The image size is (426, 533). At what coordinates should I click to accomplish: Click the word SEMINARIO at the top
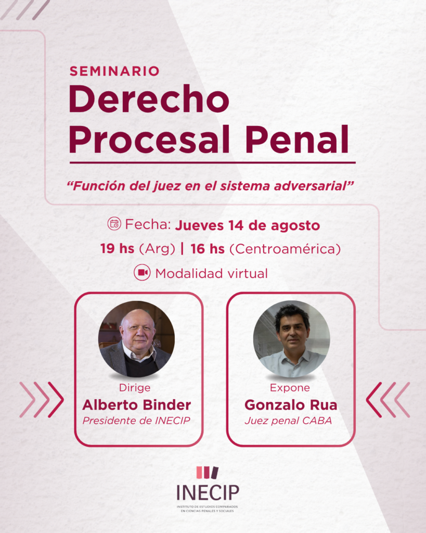click(x=114, y=71)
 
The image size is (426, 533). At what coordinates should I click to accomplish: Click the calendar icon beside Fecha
click(x=114, y=224)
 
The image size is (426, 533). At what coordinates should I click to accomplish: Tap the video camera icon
click(x=142, y=273)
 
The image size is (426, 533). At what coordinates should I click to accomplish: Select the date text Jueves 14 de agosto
click(x=247, y=225)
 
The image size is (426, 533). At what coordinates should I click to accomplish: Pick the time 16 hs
click(x=208, y=249)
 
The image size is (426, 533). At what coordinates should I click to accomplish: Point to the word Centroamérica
click(x=285, y=249)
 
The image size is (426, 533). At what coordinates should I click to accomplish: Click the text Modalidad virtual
click(x=211, y=273)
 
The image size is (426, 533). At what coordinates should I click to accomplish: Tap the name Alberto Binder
click(x=137, y=405)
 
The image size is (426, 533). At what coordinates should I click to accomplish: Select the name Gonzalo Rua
click(x=291, y=405)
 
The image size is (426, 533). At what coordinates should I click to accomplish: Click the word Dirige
click(x=135, y=388)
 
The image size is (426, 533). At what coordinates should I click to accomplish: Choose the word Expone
click(x=290, y=388)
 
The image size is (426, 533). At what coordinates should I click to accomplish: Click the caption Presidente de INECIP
click(x=136, y=421)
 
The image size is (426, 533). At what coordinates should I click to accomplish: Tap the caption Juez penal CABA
click(x=288, y=421)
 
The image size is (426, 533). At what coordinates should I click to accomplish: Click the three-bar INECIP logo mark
click(x=207, y=473)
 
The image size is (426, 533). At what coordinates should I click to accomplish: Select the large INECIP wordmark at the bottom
click(x=208, y=492)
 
